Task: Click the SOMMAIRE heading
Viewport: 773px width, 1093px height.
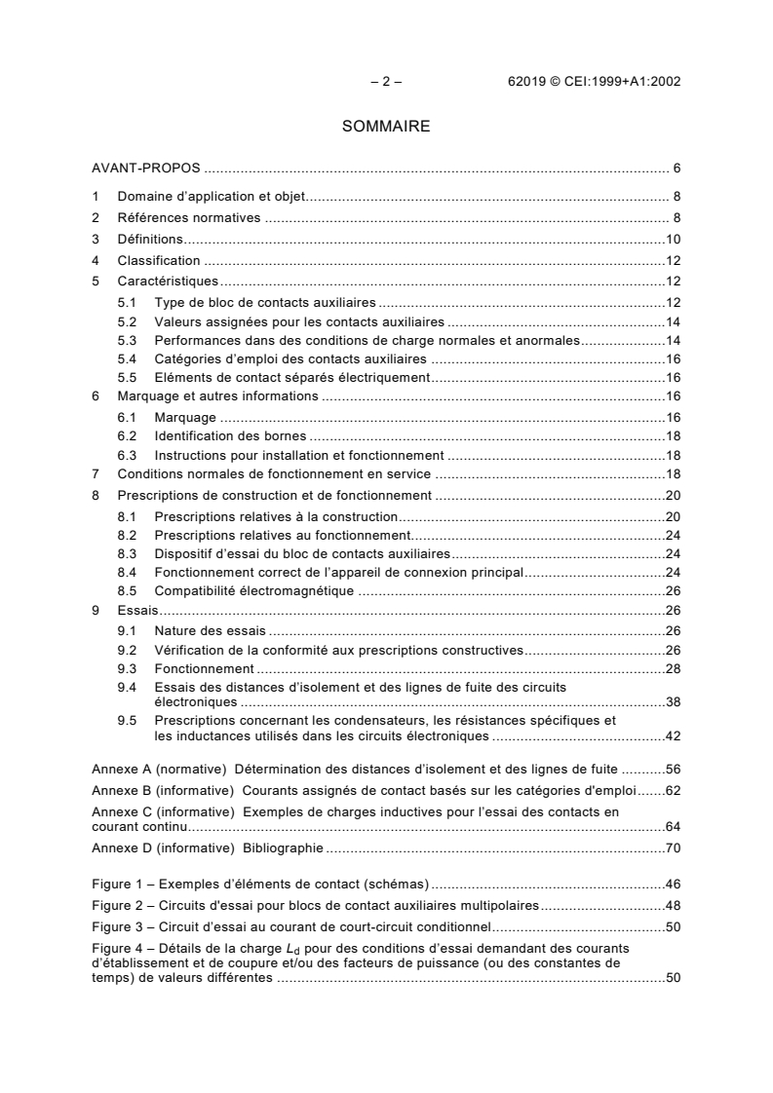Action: [386, 126]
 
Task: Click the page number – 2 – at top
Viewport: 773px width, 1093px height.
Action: [386, 82]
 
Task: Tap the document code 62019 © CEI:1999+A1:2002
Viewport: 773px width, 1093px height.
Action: [588, 82]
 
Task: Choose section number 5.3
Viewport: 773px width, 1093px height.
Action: [126, 340]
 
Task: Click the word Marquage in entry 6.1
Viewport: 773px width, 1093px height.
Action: [185, 417]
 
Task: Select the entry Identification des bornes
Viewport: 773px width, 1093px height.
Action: [230, 435]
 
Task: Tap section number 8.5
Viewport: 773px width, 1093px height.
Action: [126, 590]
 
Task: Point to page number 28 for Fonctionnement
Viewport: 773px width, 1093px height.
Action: [673, 668]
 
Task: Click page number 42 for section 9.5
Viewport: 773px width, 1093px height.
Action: [673, 735]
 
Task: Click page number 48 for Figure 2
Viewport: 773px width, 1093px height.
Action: [673, 905]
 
